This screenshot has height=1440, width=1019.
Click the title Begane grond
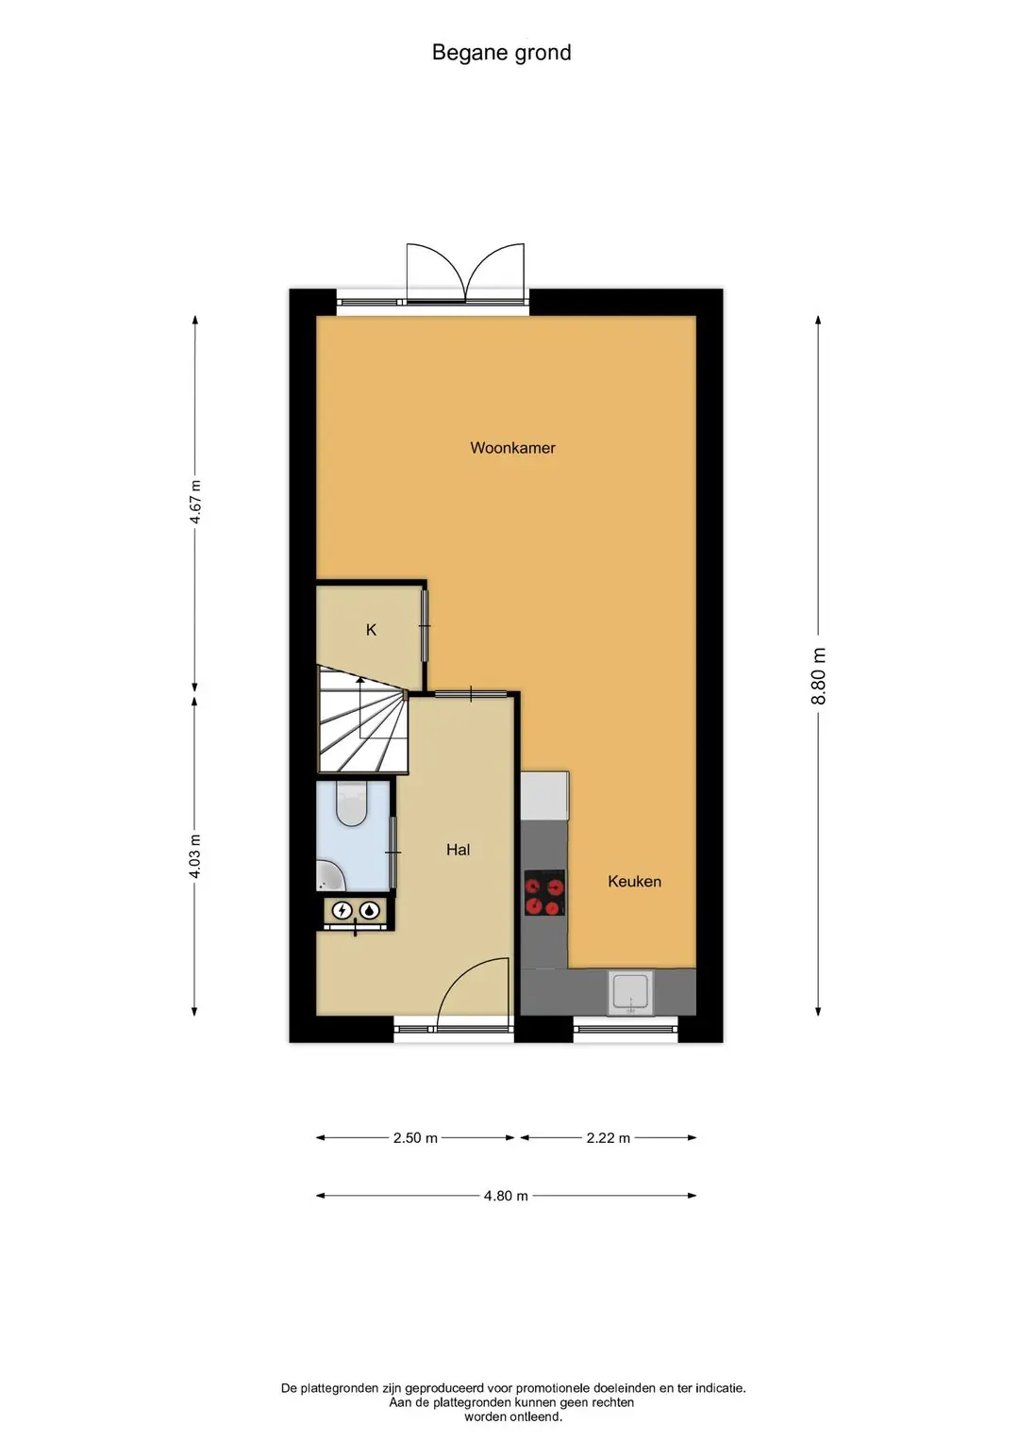click(501, 53)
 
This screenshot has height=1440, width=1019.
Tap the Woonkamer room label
click(512, 448)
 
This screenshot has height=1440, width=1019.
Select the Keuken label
click(634, 882)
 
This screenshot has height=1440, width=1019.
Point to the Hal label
click(458, 850)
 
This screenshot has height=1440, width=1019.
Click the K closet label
click(371, 630)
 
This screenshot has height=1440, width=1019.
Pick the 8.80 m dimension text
click(818, 676)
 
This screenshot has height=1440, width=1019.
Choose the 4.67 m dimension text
click(195, 502)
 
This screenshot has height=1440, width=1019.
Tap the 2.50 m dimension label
click(415, 1138)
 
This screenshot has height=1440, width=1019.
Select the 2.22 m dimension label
click(608, 1138)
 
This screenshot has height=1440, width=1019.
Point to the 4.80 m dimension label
click(506, 1196)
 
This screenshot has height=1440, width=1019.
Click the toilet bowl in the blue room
click(351, 803)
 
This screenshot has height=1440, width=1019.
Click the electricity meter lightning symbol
click(342, 910)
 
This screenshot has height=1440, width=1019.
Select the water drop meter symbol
click(369, 910)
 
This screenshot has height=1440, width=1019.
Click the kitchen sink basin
click(631, 993)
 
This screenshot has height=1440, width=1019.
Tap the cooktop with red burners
click(545, 893)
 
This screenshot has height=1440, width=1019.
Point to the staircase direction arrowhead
click(359, 681)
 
